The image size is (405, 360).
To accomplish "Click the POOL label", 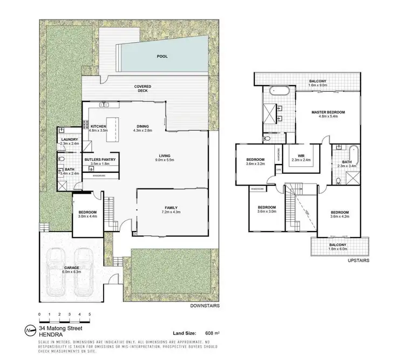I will pos(162,56).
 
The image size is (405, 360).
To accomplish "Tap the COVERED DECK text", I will pos(143,89).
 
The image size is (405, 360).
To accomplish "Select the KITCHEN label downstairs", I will pos(98,127).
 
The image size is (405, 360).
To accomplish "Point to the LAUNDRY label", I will pos(70,140).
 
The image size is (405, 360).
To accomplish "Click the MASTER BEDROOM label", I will pos(328,112).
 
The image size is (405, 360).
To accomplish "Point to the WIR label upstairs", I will pos(294,156).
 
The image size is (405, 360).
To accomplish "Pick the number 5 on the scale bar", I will pos(80,314).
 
